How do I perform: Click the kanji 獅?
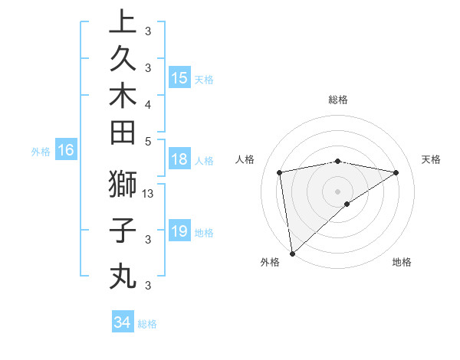[123, 185]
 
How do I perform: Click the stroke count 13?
[149, 194]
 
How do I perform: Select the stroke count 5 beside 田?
[148, 141]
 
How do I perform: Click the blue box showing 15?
[179, 78]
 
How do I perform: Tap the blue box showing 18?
[179, 160]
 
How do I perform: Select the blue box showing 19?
[179, 232]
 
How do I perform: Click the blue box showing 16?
[66, 151]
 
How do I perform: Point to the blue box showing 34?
[122, 322]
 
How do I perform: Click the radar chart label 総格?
[337, 100]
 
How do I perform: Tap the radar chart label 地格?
[402, 263]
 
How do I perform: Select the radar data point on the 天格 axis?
[396, 172]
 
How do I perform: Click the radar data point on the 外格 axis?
[292, 253]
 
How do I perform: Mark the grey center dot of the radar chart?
[337, 191]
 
